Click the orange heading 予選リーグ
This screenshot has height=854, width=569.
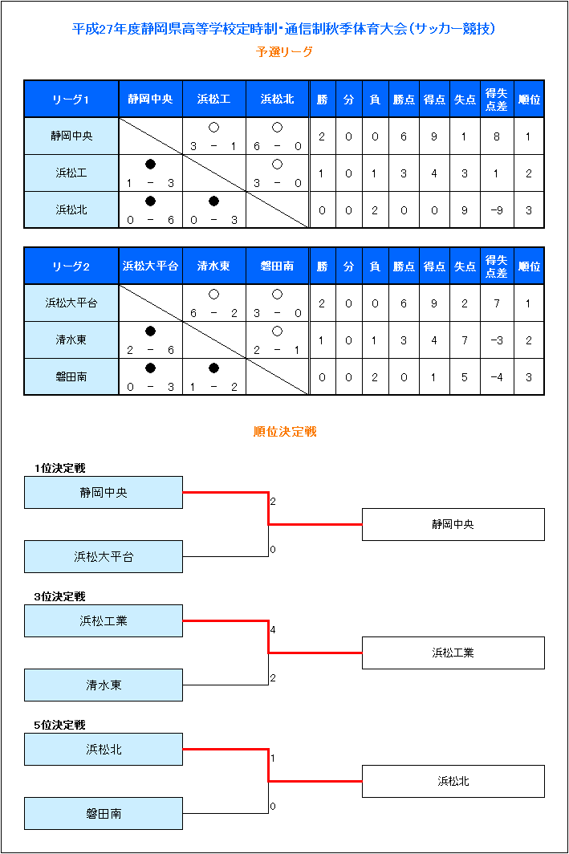[x=284, y=51]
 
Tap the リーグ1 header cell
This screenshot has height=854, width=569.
[x=71, y=100]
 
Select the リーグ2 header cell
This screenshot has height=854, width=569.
[x=71, y=266]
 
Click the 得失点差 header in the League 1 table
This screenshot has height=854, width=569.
[x=496, y=100]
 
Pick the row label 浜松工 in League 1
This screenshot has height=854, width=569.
[x=71, y=173]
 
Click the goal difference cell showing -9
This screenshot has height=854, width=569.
[x=497, y=210]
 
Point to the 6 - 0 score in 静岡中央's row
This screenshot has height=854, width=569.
[x=277, y=146]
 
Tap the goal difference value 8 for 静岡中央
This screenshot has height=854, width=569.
[x=497, y=136]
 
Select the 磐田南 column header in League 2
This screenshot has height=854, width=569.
[x=277, y=266]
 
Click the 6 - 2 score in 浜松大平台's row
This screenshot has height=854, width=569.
[x=214, y=313]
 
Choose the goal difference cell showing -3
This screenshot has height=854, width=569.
[x=497, y=340]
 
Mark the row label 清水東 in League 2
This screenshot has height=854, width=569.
[x=71, y=340]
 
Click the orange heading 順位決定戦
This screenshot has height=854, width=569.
[x=285, y=432]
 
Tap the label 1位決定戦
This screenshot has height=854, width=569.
[x=60, y=469]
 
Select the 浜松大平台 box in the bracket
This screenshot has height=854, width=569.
[x=104, y=557]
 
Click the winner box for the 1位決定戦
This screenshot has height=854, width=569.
[x=453, y=524]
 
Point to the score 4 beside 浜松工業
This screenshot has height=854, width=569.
[x=273, y=629]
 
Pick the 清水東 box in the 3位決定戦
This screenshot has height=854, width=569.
[x=104, y=685]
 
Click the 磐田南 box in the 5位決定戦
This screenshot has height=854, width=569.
[x=104, y=814]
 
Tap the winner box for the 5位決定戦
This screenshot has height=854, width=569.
[x=453, y=782]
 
